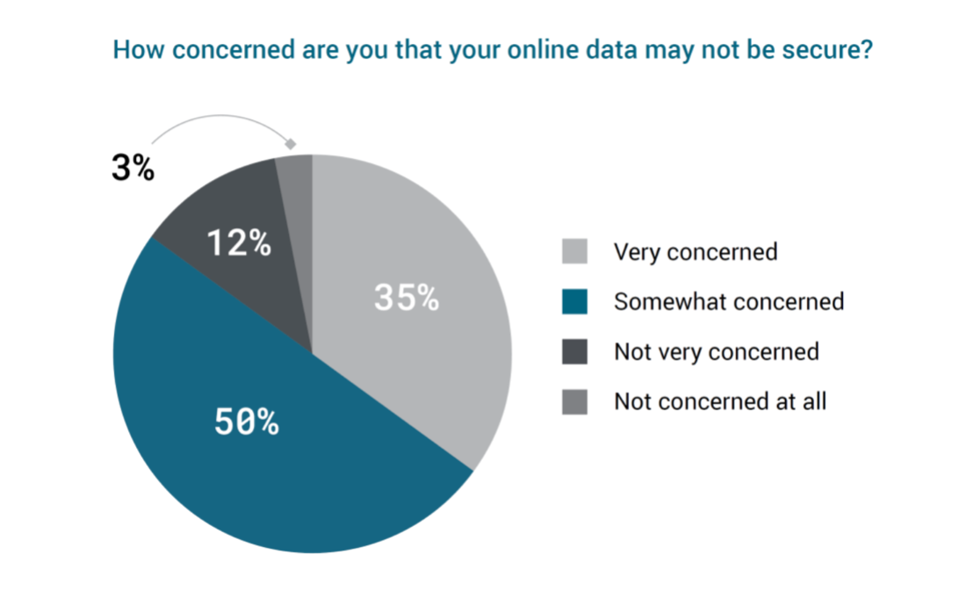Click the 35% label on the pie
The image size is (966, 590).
[407, 299]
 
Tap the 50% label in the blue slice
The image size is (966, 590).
[247, 423]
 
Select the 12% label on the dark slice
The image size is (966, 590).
[239, 243]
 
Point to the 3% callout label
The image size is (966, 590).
[133, 168]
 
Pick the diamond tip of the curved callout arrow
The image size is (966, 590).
[292, 143]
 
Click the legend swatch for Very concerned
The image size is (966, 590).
[575, 252]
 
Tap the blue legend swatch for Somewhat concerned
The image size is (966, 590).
[575, 302]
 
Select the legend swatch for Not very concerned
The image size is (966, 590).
[575, 352]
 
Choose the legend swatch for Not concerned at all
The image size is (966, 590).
[575, 402]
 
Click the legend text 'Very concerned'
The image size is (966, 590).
[696, 252]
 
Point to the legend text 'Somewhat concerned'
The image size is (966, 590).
[729, 302]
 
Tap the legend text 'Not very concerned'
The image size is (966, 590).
[717, 352]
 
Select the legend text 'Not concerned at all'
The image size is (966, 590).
[720, 402]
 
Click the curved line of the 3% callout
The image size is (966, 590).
[211, 117]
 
